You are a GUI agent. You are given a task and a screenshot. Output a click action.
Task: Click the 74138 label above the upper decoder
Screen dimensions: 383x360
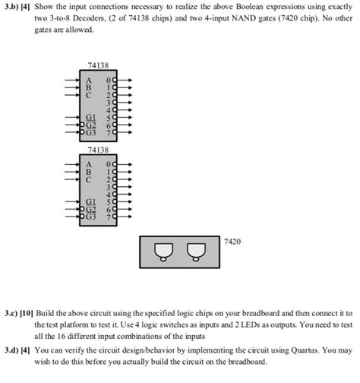pyautogui.click(x=97, y=67)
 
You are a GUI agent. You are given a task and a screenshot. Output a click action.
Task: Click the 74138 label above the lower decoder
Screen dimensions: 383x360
pyautogui.click(x=97, y=149)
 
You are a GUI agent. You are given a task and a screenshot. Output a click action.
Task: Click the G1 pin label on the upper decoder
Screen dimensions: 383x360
pyautogui.click(x=92, y=119)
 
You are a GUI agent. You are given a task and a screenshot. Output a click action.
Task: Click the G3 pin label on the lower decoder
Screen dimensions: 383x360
pyautogui.click(x=93, y=216)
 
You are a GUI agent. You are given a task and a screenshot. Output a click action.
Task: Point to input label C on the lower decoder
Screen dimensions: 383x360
pyautogui.click(x=89, y=179)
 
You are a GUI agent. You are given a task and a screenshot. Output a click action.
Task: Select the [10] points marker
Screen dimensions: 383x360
pyautogui.click(x=35, y=312)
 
